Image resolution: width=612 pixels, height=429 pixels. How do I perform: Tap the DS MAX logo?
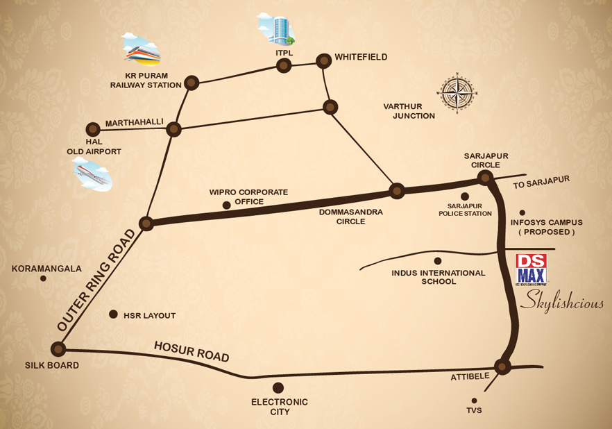click(531, 271)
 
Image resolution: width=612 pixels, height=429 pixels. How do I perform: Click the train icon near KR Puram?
click(142, 49)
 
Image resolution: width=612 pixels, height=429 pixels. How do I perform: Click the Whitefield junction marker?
click(323, 61)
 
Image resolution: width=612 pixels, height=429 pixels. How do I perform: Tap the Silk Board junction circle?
click(58, 348)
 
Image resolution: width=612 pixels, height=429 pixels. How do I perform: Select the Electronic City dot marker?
click(278, 387)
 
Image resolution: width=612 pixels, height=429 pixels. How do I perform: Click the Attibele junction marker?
click(503, 366)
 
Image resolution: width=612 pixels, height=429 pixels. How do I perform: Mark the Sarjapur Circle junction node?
click(485, 178)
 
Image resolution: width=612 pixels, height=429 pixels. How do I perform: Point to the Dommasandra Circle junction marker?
click(396, 191)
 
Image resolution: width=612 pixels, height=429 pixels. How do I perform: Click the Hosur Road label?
click(192, 351)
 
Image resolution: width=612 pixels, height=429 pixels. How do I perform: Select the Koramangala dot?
click(43, 278)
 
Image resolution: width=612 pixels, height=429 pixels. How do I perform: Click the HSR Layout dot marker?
click(113, 314)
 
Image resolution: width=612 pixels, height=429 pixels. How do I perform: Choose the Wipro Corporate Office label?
click(248, 196)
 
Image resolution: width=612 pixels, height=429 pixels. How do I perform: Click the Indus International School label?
click(439, 277)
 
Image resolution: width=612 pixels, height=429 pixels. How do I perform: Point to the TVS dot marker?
click(475, 400)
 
